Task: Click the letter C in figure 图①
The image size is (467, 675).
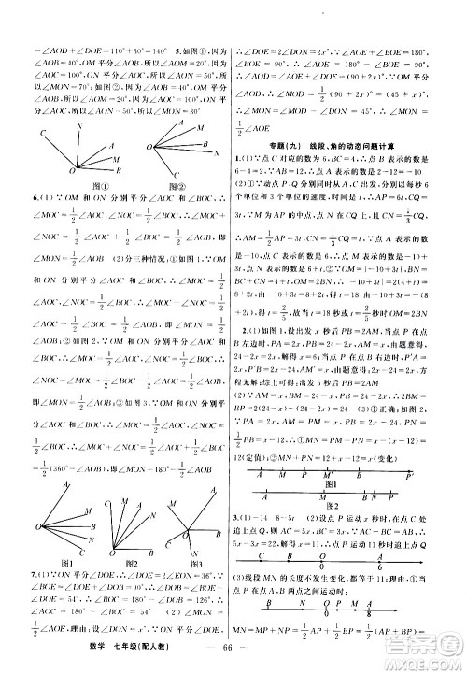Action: pyautogui.click(x=42, y=134)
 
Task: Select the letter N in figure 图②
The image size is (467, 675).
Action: pyautogui.click(x=216, y=153)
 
